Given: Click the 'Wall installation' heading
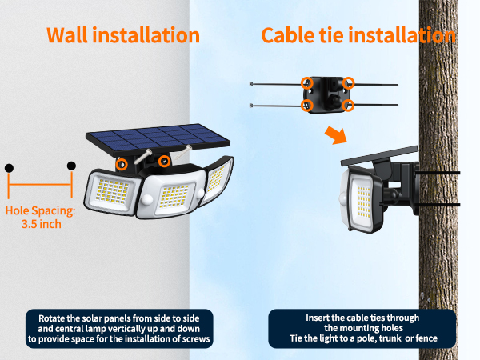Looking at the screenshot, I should [122, 36].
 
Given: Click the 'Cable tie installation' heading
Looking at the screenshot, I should [358, 36].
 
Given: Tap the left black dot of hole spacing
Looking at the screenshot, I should [9, 168].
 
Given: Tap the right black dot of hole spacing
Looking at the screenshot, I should [71, 166].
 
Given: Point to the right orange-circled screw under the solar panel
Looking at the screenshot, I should [164, 162].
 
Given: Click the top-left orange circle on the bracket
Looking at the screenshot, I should [306, 82].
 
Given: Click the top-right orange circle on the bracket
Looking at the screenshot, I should [348, 82].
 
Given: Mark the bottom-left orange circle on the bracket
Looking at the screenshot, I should [306, 105].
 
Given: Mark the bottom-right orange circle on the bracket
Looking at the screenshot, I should [348, 105].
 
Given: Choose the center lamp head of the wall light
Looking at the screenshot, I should [170, 196].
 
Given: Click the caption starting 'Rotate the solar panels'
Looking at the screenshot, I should [120, 328].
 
